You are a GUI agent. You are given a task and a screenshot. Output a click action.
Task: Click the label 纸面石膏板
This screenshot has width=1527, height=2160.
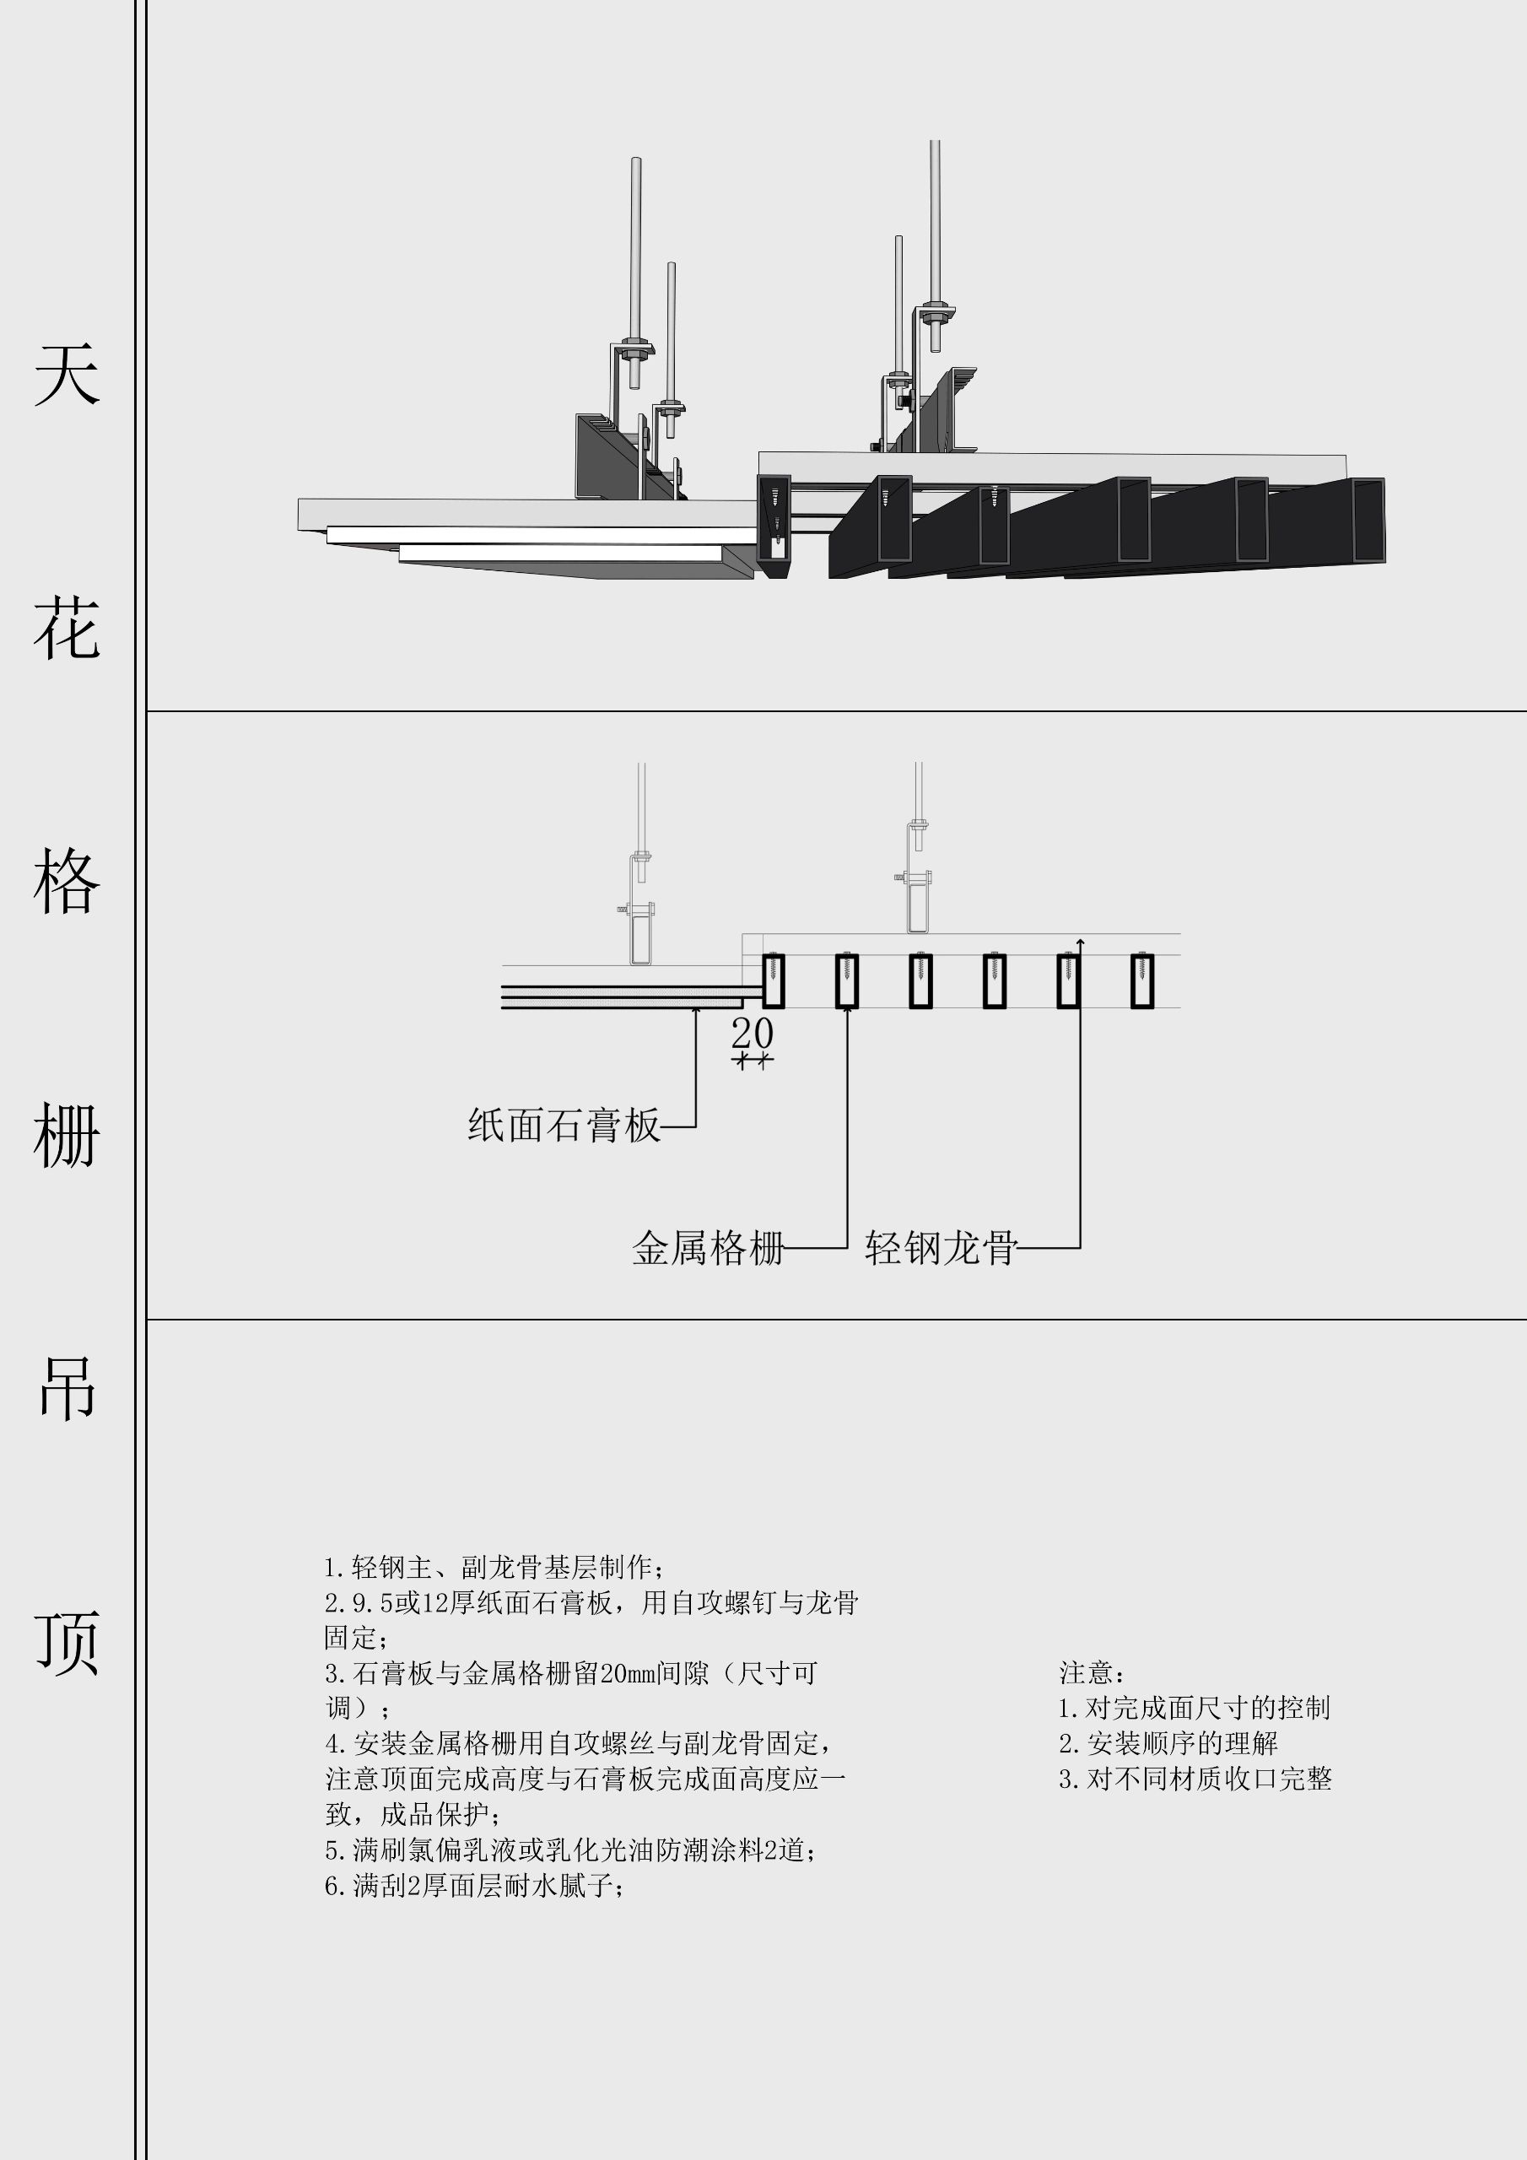pos(564,1126)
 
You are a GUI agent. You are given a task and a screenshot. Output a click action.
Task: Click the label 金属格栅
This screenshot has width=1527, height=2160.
pos(709,1249)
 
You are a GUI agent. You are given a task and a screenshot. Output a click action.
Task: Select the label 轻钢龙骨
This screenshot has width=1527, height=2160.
pos(941,1249)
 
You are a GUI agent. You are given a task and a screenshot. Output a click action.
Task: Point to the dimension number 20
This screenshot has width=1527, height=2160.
pos(753,1034)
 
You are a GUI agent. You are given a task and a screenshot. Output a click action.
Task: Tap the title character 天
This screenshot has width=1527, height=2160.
pos(67,375)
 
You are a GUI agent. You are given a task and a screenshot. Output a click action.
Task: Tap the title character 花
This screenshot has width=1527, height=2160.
pos(67,628)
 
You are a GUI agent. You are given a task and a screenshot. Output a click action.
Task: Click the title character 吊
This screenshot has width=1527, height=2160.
pos(67,1389)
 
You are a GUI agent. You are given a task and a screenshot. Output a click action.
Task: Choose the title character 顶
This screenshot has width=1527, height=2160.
pos(67,1644)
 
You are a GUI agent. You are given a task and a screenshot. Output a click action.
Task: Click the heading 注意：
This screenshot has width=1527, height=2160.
pos(1093,1672)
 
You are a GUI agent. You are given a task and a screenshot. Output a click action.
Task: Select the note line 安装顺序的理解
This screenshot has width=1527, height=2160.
pos(1168,1743)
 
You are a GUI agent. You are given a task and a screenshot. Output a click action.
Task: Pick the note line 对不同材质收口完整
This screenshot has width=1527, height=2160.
pos(1195,1779)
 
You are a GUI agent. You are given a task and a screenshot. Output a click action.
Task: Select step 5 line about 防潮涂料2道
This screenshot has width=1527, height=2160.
pos(569,1850)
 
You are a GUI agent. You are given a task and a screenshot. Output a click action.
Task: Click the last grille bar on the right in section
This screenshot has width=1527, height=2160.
pos(1142,981)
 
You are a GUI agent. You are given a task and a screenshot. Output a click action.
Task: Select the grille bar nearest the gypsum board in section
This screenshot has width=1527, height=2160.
pos(773,981)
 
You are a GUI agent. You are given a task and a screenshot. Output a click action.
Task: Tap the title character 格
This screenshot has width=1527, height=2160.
pos(67,882)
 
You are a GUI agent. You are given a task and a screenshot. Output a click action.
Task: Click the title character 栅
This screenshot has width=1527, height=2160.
pos(67,1136)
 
